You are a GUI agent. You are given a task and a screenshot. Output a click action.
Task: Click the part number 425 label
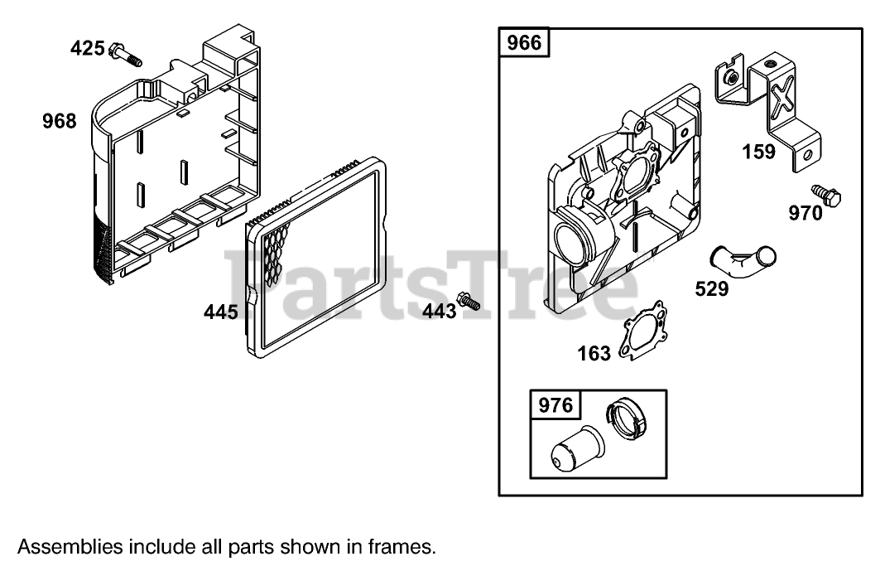tap(87, 48)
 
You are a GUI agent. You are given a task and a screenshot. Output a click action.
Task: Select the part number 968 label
tap(59, 122)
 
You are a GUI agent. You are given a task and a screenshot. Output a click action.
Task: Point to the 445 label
tap(221, 312)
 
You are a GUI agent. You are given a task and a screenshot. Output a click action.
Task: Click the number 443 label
tap(439, 311)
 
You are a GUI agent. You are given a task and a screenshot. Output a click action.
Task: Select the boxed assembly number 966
tap(524, 42)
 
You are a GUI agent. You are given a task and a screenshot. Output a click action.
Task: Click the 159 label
tap(758, 152)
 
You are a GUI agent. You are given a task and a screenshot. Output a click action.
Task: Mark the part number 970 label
tap(805, 214)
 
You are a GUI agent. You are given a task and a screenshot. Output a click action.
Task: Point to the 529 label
tap(712, 288)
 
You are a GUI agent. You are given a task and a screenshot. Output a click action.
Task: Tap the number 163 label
tap(594, 354)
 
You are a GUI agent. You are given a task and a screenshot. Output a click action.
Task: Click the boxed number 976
tap(555, 405)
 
